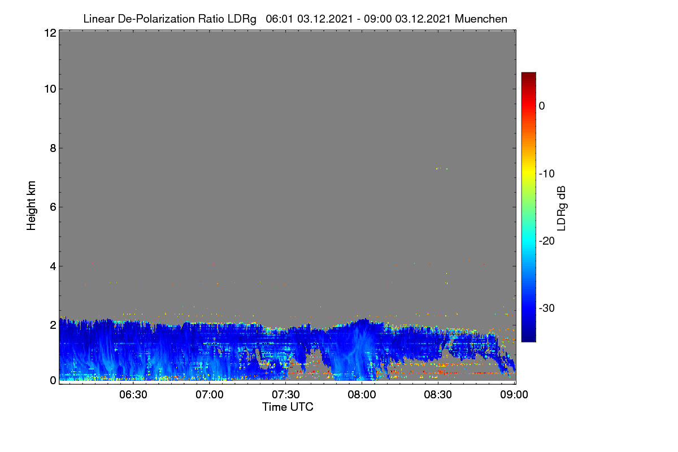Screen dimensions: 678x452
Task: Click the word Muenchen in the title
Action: click(x=481, y=19)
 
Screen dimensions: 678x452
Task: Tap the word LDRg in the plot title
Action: click(x=242, y=19)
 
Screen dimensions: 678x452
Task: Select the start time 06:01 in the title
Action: click(x=279, y=19)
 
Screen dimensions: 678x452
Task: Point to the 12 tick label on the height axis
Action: click(x=50, y=33)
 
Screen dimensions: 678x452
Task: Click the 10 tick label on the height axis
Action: click(x=50, y=89)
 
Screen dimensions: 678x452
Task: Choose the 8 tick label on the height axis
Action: click(x=53, y=148)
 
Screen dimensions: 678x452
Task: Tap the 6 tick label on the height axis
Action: click(x=53, y=207)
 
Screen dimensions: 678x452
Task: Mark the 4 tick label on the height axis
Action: click(x=53, y=266)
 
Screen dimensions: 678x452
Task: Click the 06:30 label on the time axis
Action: click(x=133, y=395)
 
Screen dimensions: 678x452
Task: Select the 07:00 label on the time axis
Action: click(x=210, y=395)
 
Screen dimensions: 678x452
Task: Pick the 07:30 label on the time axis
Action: click(x=286, y=395)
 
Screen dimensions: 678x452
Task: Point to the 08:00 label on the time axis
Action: click(x=362, y=395)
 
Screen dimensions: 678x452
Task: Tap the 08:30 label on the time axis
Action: click(x=438, y=395)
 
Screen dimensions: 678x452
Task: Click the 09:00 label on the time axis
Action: click(x=514, y=395)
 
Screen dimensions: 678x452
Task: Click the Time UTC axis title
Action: click(x=288, y=407)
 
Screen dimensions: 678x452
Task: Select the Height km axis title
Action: click(x=31, y=206)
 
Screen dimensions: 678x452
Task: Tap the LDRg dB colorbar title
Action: click(x=562, y=208)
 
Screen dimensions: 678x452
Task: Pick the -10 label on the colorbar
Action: click(x=547, y=174)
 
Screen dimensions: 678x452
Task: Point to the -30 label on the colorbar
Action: click(x=547, y=308)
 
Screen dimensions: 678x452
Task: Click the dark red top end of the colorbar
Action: click(x=528, y=73)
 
